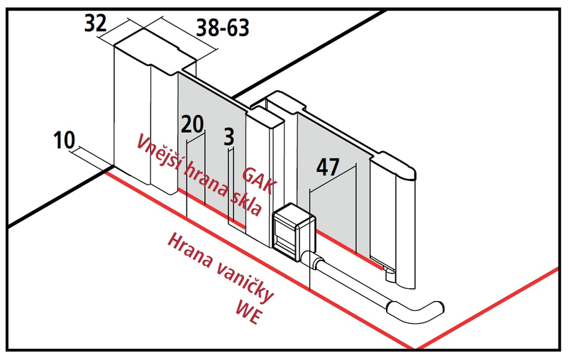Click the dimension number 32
pyautogui.click(x=95, y=23)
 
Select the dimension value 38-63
pyautogui.click(x=222, y=28)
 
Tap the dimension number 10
pyautogui.click(x=64, y=141)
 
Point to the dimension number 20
pyautogui.click(x=192, y=124)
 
